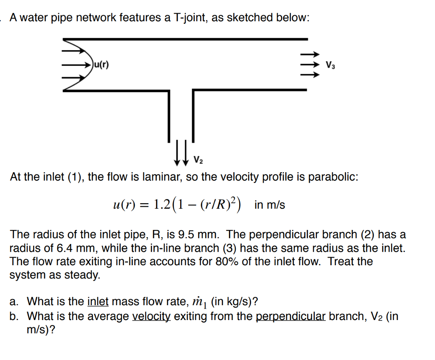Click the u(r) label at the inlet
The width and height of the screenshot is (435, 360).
pos(101,65)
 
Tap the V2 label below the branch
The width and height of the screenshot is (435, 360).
pos(198,161)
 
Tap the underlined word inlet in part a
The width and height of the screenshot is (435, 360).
pos(98,302)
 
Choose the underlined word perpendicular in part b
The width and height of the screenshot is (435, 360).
pos(291,316)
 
